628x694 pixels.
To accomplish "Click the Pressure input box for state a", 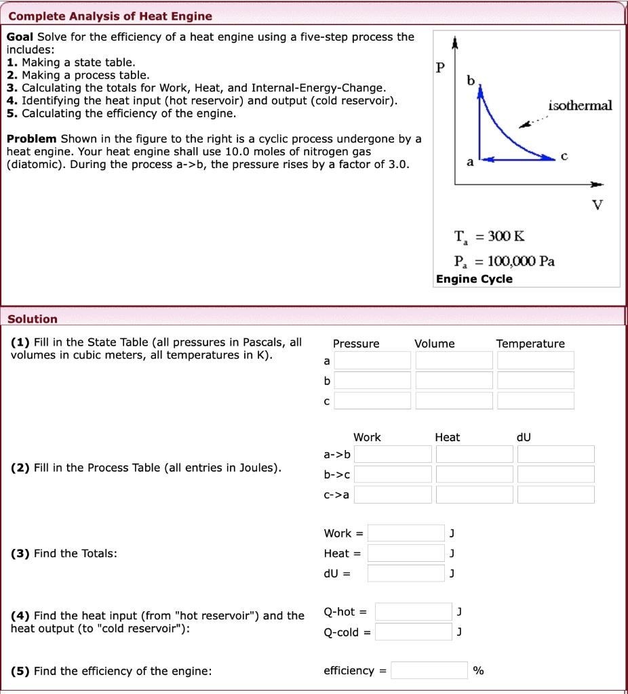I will coord(372,361).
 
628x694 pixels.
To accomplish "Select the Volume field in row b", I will coord(454,380).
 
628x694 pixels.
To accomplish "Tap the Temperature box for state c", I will coord(535,401).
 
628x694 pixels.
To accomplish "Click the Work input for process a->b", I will coord(393,454).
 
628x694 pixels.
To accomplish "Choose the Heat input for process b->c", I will coord(474,474).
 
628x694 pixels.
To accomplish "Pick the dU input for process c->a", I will coord(555,495).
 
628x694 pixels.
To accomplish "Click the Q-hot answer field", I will coord(413,612).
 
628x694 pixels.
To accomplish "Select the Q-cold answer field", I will coord(413,632).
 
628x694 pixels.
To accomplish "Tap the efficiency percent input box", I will coord(429,670).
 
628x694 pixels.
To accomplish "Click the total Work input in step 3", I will coord(406,533).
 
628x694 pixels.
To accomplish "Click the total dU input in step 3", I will coord(406,574).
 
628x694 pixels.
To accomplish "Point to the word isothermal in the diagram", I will coord(580,105).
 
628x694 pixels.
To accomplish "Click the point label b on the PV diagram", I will coord(471,81).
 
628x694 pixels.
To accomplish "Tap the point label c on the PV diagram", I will coord(564,155).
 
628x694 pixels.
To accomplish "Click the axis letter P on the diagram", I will coord(440,68).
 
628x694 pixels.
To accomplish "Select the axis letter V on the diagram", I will coord(597,205).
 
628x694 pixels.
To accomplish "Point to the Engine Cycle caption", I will coord(474,279).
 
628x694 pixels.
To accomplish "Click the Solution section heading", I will coord(33,319).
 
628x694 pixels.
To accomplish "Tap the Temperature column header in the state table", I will coord(530,344).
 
